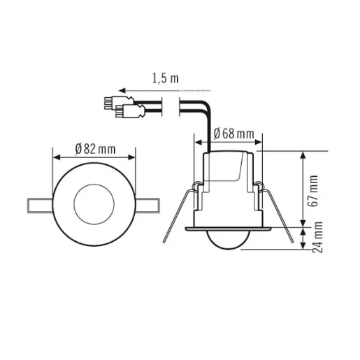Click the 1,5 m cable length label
(x=165, y=79)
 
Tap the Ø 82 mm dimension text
(x=96, y=149)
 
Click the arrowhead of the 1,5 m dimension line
(x=120, y=90)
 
